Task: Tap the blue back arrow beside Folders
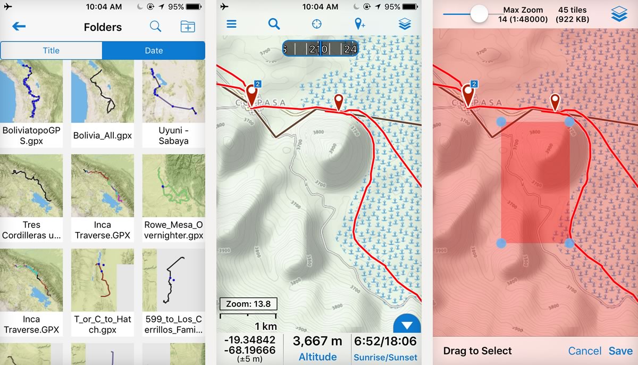[x=19, y=27]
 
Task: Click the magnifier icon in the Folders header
[x=155, y=27]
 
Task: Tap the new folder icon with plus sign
[x=188, y=27]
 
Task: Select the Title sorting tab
[x=51, y=51]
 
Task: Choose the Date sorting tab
[x=154, y=51]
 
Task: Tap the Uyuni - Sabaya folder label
[x=173, y=136]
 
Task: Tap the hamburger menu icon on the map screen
[x=231, y=24]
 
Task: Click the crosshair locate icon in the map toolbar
[x=317, y=24]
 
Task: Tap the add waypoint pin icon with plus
[x=360, y=24]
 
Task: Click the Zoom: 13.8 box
[x=248, y=304]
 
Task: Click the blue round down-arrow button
[x=407, y=325]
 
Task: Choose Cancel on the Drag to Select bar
[x=585, y=351]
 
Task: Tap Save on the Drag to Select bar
[x=620, y=351]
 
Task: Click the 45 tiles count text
[x=572, y=10]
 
